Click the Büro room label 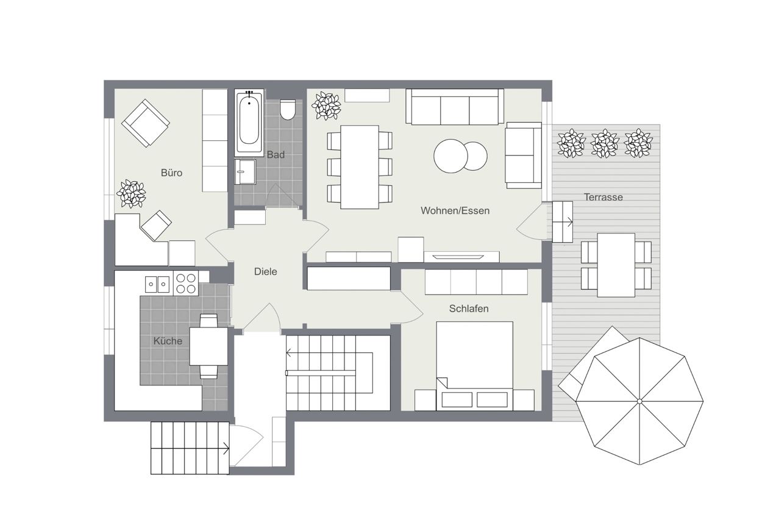tap(171, 173)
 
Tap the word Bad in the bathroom tap(276, 155)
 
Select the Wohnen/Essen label tap(455, 210)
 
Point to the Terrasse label tap(603, 197)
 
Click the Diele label tap(265, 271)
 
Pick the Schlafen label tap(469, 309)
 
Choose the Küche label tap(168, 341)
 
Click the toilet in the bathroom tap(288, 110)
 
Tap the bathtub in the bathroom tap(249, 123)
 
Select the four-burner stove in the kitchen tap(186, 284)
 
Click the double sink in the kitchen tap(157, 284)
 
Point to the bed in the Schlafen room tap(474, 366)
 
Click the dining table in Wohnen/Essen tap(360, 167)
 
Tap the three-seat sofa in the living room tap(455, 107)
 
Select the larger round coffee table tap(450, 156)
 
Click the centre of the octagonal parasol tap(639, 401)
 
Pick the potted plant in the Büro tap(131, 193)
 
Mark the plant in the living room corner tap(326, 106)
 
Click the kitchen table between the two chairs tap(208, 346)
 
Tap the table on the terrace tap(616, 265)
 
